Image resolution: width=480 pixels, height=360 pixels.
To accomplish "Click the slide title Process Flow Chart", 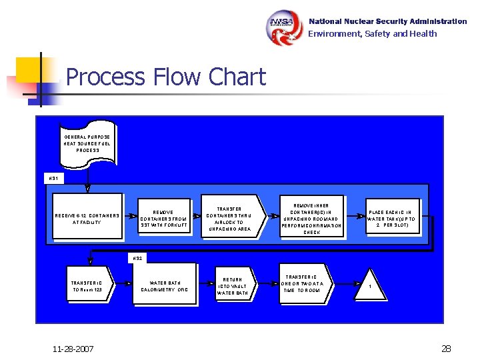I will point(166,77).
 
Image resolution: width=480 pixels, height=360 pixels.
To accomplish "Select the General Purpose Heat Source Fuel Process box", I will point(87,143).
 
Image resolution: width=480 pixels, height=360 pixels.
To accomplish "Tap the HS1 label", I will point(53,178).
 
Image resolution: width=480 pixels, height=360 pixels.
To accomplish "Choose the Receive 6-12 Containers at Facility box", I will point(87,217).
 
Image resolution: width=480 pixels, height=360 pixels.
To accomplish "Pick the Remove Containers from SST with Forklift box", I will point(164,218).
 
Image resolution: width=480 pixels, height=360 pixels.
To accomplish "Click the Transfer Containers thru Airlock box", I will point(229,218).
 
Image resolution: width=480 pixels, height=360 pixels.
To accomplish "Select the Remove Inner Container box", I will point(311,215).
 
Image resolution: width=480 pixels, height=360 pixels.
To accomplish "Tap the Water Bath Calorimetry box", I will point(164,286).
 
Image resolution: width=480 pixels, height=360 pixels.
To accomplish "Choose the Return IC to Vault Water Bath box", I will point(233,286).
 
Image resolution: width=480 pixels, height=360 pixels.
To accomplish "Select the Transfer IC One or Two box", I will point(306,283).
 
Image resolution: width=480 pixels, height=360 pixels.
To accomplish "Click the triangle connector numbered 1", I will point(379,285).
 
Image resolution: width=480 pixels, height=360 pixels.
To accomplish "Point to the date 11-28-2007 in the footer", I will point(74,349).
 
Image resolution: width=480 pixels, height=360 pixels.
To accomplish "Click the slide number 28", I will point(446,349).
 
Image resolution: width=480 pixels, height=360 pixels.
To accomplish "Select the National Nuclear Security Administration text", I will point(387,21).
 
